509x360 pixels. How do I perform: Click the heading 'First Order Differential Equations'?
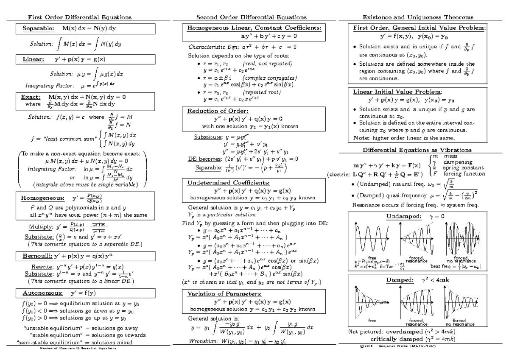[79, 17]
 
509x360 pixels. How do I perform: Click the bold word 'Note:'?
[360, 138]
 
